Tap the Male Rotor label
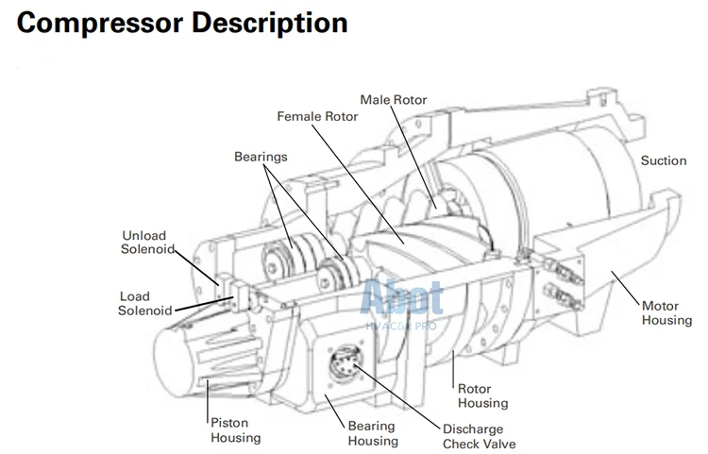coord(394,99)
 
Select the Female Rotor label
coord(317,116)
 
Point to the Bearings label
coord(261,156)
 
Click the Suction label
coord(663,160)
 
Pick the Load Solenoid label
coord(146,303)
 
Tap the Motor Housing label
coord(666,313)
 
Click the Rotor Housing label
coord(482,395)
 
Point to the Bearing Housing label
coord(373,433)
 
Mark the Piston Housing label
coord(234,430)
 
